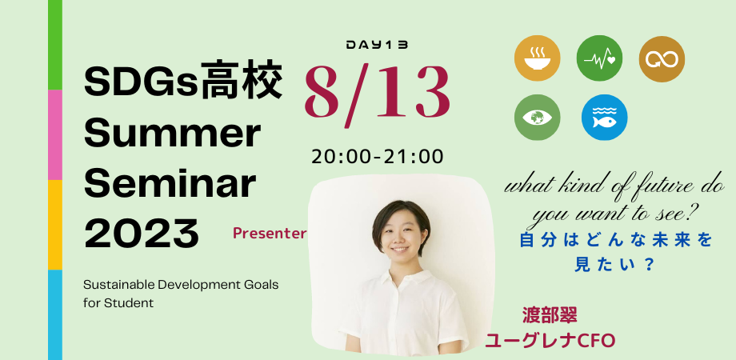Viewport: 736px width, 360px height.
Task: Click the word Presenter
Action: click(x=270, y=234)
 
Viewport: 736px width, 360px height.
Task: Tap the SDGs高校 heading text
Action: click(x=183, y=84)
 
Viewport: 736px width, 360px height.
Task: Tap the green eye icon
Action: click(x=537, y=117)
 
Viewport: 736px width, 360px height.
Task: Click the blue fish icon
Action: click(x=605, y=117)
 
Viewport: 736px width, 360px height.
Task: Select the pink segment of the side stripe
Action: click(x=55, y=134)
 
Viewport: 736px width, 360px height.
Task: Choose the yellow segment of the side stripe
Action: click(x=55, y=225)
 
